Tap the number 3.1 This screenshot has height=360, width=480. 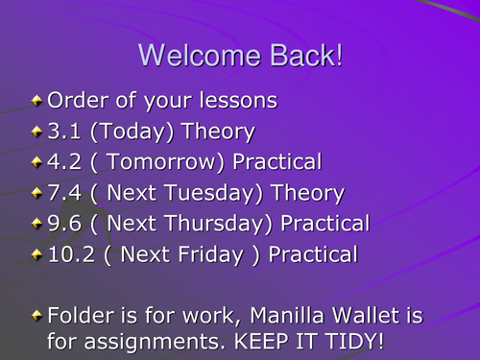click(x=65, y=131)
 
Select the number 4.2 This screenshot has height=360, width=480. click(x=65, y=161)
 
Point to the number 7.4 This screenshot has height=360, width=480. click(x=65, y=193)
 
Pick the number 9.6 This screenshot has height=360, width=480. click(x=65, y=224)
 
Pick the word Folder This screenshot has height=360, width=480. click(x=78, y=315)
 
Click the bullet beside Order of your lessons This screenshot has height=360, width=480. click(x=37, y=100)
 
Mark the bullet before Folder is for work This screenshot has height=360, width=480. click(x=37, y=316)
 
